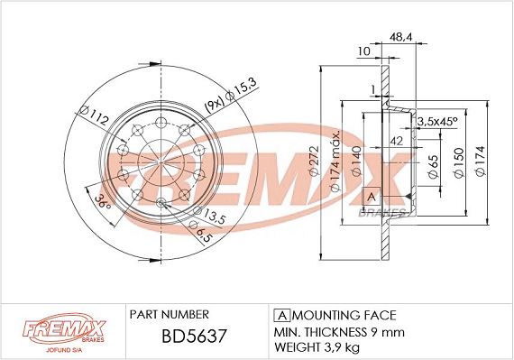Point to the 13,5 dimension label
coord(213,217)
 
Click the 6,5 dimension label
coord(205,234)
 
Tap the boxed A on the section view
coord(370,197)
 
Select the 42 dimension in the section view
coord(396,140)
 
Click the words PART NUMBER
coord(169,314)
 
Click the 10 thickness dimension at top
coord(363,51)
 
